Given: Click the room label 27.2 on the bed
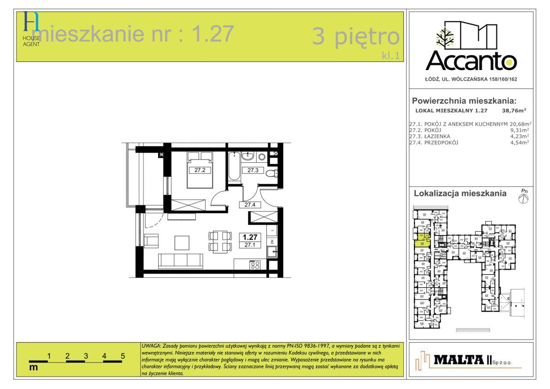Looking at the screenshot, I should coord(199,170).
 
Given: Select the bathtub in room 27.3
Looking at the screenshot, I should coord(234,167).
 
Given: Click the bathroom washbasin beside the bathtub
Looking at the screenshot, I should coord(247,157).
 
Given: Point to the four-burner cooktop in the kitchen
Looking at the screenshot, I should coord(254,265).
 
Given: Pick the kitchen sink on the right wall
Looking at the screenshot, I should coord(272,251).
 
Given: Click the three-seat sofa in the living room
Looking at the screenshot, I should coord(181,260).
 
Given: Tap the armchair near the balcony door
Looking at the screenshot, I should coord(151,241).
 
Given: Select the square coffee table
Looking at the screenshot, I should coord(181,242).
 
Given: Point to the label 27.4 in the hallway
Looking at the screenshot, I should coord(250,205).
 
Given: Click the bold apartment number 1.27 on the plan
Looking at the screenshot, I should coord(250,237).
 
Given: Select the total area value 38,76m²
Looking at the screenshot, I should coord(514,110).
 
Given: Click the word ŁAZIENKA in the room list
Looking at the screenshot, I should coord(437,136).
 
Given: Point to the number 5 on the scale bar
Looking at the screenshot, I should coord(123,356).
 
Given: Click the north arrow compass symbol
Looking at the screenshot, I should coord(523,198).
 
